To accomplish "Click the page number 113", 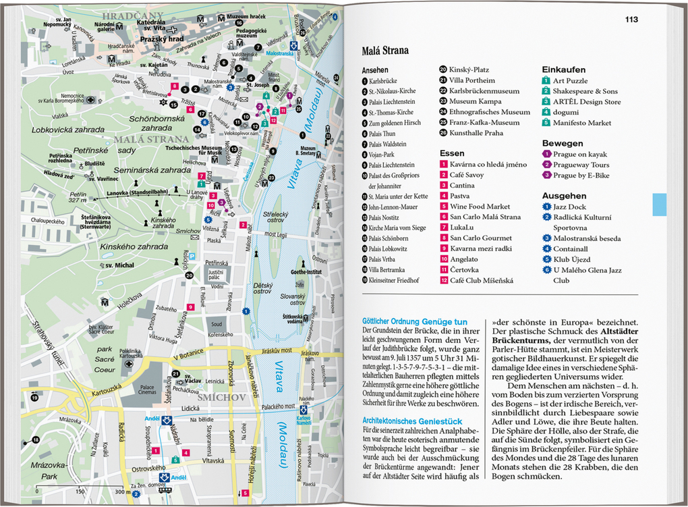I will tap(631, 20).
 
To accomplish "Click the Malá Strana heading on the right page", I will tap(385, 50).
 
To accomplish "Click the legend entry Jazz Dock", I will tap(569, 207).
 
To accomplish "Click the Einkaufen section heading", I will tap(564, 70).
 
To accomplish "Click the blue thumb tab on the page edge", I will tap(659, 205).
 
